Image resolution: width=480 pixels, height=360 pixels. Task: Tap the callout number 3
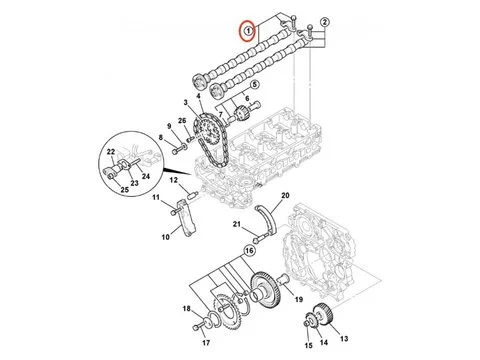click(185, 104)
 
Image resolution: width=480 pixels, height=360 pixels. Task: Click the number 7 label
click(244, 115)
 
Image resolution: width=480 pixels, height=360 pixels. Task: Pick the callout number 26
click(181, 123)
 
